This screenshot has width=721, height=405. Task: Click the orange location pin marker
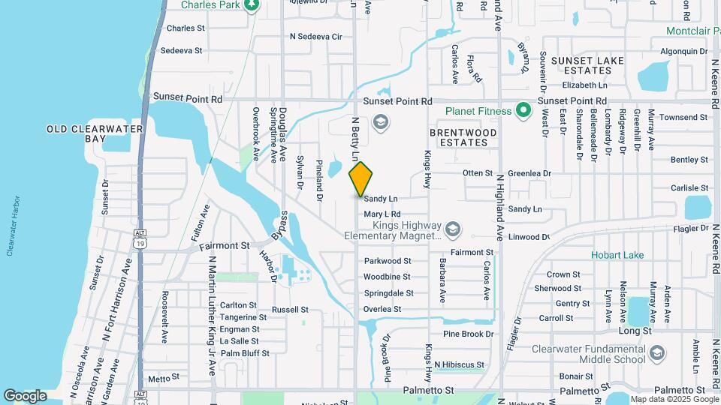tap(360, 179)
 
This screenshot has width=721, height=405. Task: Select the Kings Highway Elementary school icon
tap(452, 228)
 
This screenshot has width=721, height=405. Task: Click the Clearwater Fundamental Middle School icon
tap(657, 352)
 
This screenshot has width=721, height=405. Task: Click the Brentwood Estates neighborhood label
tap(463, 137)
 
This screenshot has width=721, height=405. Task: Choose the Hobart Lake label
tap(617, 255)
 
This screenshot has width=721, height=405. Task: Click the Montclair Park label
tap(693, 31)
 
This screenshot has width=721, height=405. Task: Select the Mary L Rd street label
tap(382, 214)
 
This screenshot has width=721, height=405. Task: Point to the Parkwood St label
tap(387, 261)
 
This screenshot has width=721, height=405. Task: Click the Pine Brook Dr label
tap(468, 334)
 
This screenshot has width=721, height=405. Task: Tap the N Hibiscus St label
tap(459, 364)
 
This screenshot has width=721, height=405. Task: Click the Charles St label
tap(186, 28)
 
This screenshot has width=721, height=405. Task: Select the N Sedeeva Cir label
tap(315, 36)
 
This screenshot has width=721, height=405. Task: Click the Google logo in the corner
tap(25, 395)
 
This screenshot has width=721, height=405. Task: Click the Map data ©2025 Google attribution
tap(674, 399)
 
